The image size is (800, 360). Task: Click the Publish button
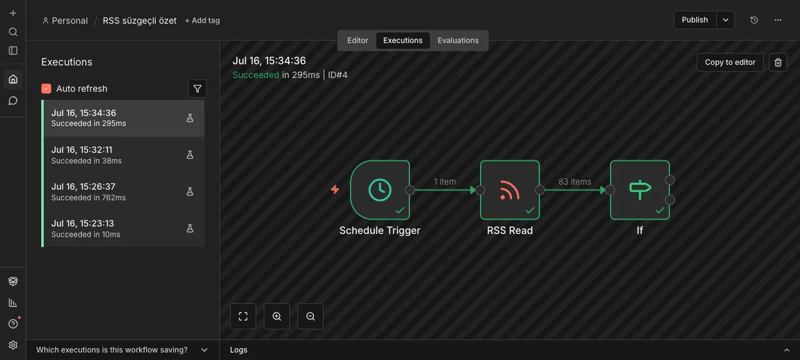(x=695, y=20)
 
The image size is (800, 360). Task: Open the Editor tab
(x=357, y=41)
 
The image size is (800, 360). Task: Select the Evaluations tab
(x=458, y=41)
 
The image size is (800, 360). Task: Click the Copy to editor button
(x=730, y=63)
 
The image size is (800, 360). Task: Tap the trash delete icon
(x=778, y=63)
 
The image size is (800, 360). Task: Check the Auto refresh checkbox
(x=47, y=89)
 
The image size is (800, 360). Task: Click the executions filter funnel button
(x=197, y=89)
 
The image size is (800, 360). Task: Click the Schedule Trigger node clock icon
(x=379, y=189)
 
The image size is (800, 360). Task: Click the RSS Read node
(x=509, y=189)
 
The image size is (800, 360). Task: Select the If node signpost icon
(x=639, y=189)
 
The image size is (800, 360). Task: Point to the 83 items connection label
(x=575, y=181)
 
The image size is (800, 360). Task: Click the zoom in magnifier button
(x=277, y=316)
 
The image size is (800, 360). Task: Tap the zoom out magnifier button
(x=311, y=316)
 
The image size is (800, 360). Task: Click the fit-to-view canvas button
(x=243, y=316)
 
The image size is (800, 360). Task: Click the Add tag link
(x=202, y=21)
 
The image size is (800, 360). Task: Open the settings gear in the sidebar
(x=13, y=345)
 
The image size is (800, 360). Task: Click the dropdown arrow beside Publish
(x=725, y=20)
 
